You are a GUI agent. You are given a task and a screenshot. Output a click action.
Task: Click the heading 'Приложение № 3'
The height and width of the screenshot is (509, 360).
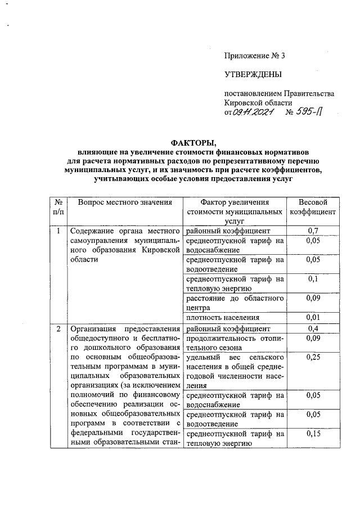255,56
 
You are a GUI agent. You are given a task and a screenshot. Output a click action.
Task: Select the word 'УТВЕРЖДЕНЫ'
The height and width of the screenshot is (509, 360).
253,74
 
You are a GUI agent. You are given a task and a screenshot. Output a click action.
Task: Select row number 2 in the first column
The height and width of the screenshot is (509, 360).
57,328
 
